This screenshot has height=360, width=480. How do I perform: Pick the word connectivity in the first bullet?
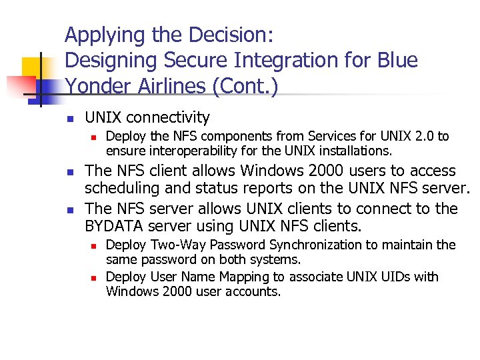click(x=167, y=118)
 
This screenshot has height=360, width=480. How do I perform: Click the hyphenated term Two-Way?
click(x=169, y=245)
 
